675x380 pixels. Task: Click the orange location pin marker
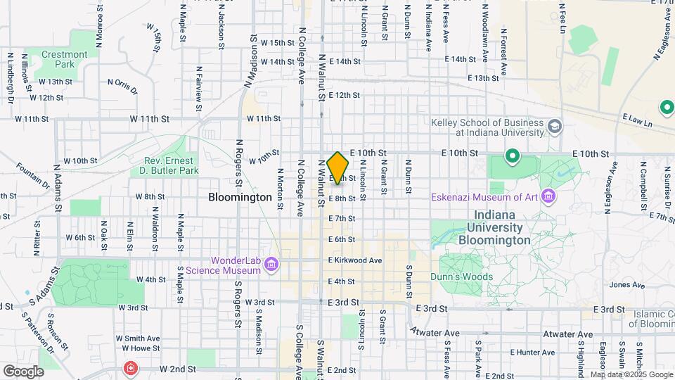pyautogui.click(x=338, y=167)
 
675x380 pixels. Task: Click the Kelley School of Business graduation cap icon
pyautogui.click(x=555, y=127)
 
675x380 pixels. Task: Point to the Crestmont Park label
pyautogui.click(x=65, y=59)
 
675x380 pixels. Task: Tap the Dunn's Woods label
pyautogui.click(x=462, y=277)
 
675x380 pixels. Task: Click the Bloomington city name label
pyautogui.click(x=240, y=198)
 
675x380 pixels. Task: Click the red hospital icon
pyautogui.click(x=130, y=368)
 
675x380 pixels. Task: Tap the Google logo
pyautogui.click(x=23, y=371)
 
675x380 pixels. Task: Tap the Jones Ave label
pyautogui.click(x=627, y=285)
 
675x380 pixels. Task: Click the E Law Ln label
pyautogui.click(x=638, y=120)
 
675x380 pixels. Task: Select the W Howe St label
pyautogui.click(x=141, y=348)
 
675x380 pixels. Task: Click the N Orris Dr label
pyautogui.click(x=122, y=86)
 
